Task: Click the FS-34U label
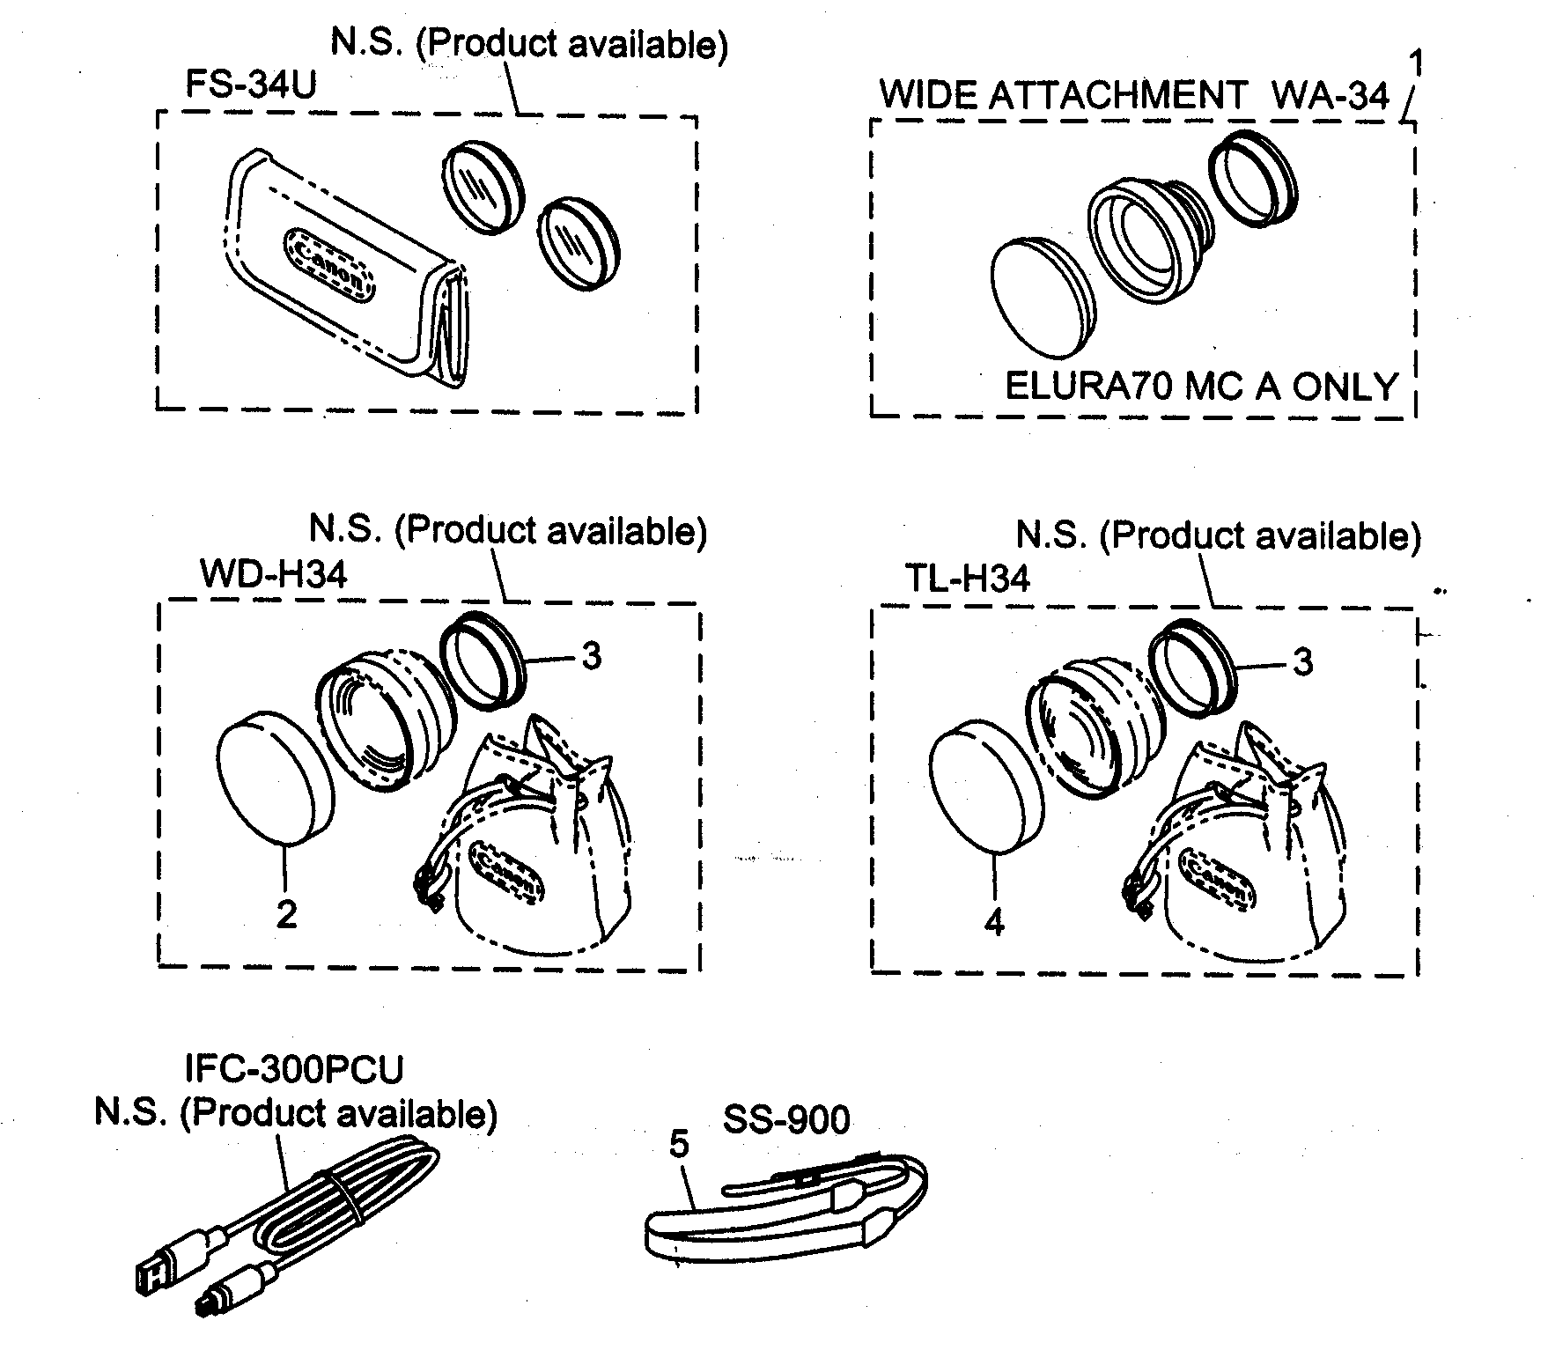pos(250,87)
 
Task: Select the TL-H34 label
pos(968,579)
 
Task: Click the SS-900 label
pos(786,1120)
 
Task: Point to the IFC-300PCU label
pos(294,1070)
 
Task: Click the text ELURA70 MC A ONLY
pos(1202,387)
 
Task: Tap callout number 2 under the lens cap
pos(286,915)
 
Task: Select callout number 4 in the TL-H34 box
pos(994,921)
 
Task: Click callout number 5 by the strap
pos(680,1144)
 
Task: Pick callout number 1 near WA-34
pos(1417,65)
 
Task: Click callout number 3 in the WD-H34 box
pos(592,655)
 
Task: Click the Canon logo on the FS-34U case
pos(330,263)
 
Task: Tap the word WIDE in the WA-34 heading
pos(929,95)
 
